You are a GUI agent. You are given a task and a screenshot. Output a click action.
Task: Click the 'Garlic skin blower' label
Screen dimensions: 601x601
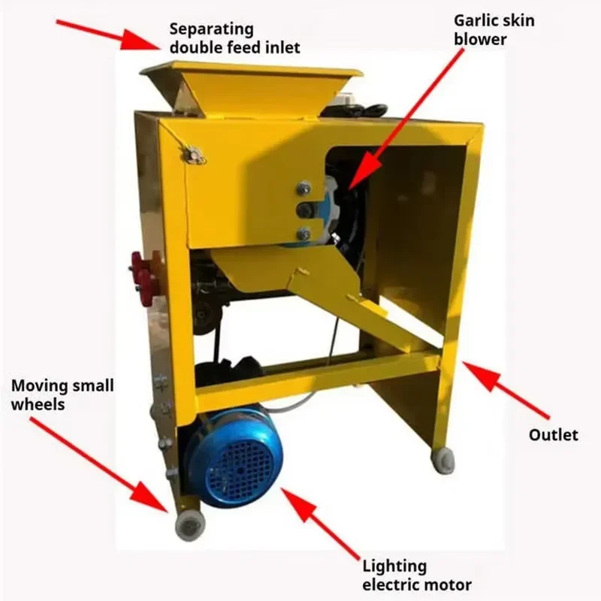tap(494, 30)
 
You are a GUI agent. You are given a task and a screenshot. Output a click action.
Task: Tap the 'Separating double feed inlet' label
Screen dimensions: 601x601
tap(234, 38)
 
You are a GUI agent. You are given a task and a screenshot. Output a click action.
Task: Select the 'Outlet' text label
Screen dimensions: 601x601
tap(553, 435)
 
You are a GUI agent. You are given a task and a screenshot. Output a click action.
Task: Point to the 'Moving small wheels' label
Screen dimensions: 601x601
tap(62, 395)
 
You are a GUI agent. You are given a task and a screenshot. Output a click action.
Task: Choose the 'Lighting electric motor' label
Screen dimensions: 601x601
tap(417, 575)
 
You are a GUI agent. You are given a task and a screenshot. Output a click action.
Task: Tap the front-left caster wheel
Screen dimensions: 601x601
tap(190, 524)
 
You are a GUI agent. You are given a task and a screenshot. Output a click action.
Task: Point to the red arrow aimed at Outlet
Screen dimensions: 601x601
tap(506, 390)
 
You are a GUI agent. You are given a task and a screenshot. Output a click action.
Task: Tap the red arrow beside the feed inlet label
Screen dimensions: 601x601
tap(108, 35)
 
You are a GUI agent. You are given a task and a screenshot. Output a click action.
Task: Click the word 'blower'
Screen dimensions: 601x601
tap(480, 39)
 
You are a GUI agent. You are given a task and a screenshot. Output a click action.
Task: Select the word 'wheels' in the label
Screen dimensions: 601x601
tap(38, 404)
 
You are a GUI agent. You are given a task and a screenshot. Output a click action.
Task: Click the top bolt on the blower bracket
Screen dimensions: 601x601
tap(304, 187)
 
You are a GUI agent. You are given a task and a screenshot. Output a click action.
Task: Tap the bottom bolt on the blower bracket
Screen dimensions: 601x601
tap(304, 234)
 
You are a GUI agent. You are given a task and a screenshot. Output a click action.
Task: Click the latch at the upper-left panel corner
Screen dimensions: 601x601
tap(195, 156)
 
